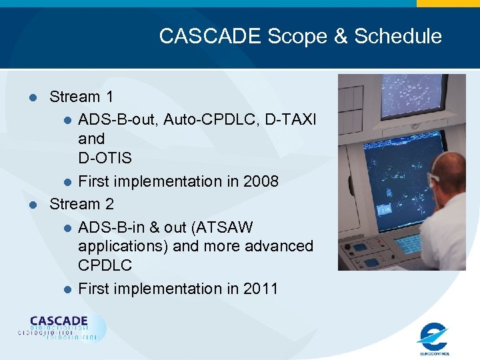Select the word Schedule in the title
click(x=398, y=36)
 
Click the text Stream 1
click(x=81, y=97)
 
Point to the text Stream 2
click(x=81, y=203)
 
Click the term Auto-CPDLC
click(x=211, y=119)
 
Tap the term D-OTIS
click(x=105, y=159)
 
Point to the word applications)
click(x=123, y=246)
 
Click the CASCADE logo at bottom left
click(x=61, y=327)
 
